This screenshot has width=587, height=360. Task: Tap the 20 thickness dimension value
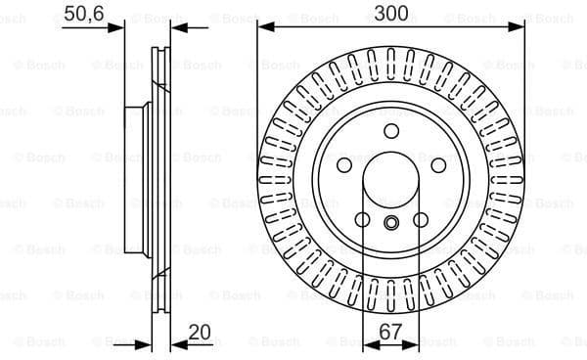[199, 333]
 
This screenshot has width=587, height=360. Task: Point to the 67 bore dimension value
[390, 333]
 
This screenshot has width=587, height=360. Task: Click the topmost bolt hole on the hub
[391, 132]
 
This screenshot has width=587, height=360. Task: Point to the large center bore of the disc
[391, 181]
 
